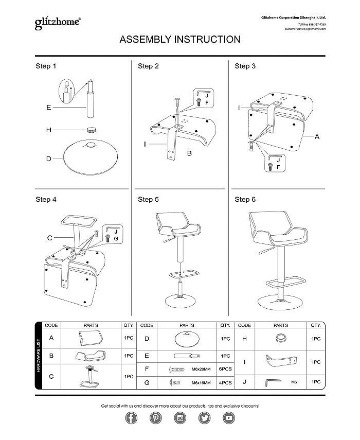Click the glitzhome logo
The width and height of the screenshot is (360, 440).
click(x=57, y=23)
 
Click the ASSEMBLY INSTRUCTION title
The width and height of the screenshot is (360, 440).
click(x=180, y=40)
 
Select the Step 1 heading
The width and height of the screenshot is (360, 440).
click(x=46, y=66)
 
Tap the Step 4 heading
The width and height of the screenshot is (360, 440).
click(x=46, y=199)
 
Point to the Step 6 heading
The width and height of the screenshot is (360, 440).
click(x=245, y=199)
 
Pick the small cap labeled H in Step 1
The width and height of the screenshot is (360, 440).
click(x=92, y=130)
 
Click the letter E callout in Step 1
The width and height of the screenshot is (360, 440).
click(x=48, y=108)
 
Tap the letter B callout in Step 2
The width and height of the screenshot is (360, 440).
click(x=189, y=154)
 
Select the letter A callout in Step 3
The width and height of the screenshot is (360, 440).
click(x=317, y=137)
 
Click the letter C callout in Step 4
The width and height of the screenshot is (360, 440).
click(x=49, y=238)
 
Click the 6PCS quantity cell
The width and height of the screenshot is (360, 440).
click(x=225, y=369)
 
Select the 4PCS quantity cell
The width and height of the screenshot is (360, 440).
click(x=225, y=382)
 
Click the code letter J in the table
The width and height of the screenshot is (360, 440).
click(x=245, y=382)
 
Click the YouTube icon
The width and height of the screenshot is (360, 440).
click(x=229, y=418)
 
